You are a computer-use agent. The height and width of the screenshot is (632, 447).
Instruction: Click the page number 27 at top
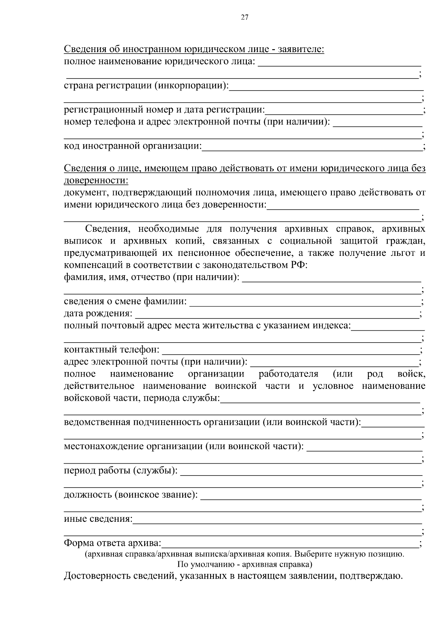[x=245, y=18]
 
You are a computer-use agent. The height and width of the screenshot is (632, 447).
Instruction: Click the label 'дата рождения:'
[x=98, y=314]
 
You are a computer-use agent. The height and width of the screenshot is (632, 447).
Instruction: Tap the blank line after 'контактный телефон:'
[x=291, y=351]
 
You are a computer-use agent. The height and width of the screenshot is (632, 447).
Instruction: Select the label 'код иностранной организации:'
[x=133, y=146]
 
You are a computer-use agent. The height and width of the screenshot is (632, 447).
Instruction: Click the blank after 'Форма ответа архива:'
[x=291, y=544]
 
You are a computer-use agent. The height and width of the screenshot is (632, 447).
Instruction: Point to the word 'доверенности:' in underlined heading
[x=96, y=181]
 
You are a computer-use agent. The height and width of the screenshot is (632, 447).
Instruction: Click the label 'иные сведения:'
[x=98, y=519]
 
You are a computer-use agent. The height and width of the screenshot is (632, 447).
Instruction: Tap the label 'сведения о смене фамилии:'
[x=126, y=301]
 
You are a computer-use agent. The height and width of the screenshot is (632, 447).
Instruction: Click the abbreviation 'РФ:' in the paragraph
[x=298, y=265]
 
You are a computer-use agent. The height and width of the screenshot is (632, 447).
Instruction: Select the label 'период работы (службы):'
[x=121, y=471]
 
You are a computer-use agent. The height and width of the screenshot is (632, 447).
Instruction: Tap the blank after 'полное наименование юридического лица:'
[x=339, y=62]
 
